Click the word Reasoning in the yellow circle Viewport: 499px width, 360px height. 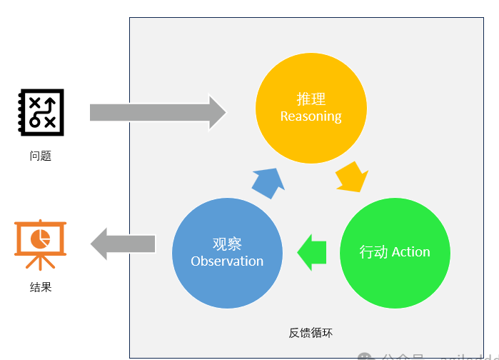click(311, 116)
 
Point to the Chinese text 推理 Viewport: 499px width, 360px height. click(311, 99)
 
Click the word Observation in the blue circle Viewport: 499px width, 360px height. click(227, 261)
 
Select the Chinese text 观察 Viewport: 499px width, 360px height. click(227, 244)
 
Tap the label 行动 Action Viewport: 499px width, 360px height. click(395, 252)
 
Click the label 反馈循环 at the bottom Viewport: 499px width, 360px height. click(311, 333)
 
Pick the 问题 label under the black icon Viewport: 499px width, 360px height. click(40, 156)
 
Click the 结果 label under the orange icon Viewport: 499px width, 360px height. click(40, 287)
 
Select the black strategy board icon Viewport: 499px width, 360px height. click(40, 111)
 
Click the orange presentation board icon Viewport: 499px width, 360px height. click(40, 244)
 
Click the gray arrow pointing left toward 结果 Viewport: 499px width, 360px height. click(123, 244)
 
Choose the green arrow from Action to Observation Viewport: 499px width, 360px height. click(312, 252)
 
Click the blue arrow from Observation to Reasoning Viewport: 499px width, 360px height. click(268, 183)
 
